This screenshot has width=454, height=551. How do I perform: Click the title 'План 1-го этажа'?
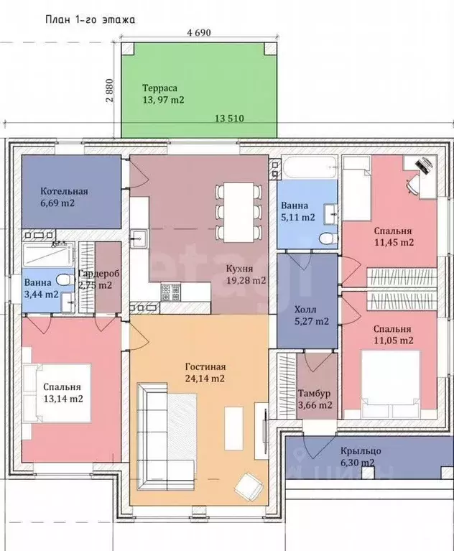[x=91, y=19]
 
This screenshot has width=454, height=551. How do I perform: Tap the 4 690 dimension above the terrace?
[x=199, y=32]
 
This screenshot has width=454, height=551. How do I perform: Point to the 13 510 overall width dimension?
[x=229, y=119]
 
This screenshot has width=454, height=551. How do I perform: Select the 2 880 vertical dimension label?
[x=110, y=90]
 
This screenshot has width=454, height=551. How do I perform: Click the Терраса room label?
[x=160, y=88]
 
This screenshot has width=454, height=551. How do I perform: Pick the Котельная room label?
[x=65, y=192]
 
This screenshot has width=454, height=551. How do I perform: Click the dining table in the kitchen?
[x=239, y=212]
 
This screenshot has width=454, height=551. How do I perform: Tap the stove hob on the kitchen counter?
[x=171, y=292]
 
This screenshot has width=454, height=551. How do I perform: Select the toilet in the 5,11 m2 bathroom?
[x=329, y=239]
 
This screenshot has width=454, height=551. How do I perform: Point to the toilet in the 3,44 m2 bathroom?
[x=65, y=279]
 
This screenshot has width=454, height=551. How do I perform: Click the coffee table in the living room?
[x=234, y=428]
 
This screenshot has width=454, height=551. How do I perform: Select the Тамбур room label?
[x=315, y=393]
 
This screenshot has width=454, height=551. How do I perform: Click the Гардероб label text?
[x=98, y=274]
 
